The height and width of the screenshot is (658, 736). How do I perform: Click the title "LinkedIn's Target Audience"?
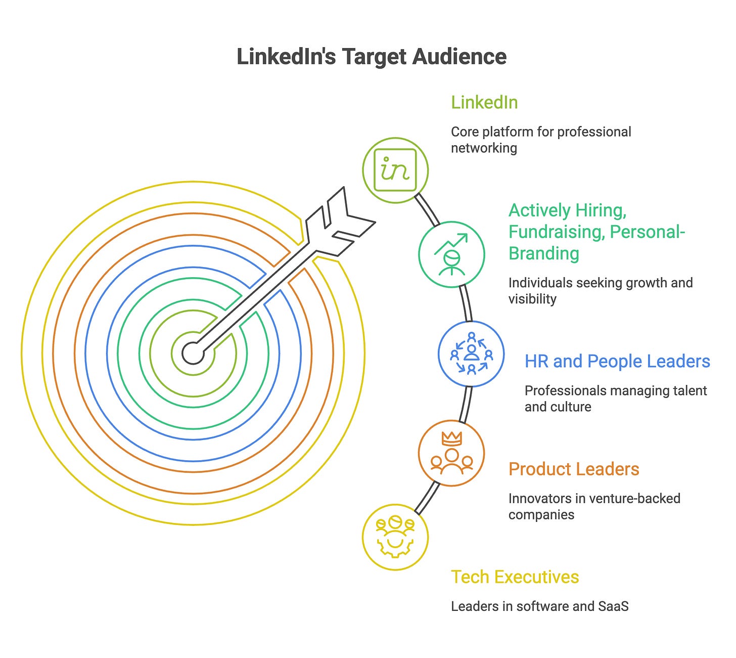click(372, 57)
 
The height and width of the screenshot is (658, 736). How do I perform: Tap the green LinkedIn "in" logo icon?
click(395, 170)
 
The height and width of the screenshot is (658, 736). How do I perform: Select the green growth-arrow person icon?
click(451, 254)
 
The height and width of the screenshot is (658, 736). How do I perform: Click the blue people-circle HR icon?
click(471, 354)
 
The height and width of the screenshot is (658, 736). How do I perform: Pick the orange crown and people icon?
click(451, 453)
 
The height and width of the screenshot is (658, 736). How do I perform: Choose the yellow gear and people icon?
click(395, 537)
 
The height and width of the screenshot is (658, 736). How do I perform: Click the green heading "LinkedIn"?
click(484, 103)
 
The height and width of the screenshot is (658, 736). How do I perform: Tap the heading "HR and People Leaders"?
click(617, 362)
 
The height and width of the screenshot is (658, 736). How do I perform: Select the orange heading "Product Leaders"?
click(574, 469)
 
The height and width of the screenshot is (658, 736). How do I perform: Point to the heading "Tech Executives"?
click(515, 577)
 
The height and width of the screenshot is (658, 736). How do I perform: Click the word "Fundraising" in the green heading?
click(556, 232)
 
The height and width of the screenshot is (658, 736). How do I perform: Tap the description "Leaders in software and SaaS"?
click(539, 606)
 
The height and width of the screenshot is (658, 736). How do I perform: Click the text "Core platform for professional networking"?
click(541, 140)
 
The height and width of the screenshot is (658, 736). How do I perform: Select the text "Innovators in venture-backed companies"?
click(594, 506)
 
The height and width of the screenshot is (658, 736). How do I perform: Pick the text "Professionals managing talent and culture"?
click(615, 399)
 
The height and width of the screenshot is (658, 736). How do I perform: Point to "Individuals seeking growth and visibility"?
click(600, 290)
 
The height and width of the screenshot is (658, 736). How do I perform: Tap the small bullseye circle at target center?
click(193, 353)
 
